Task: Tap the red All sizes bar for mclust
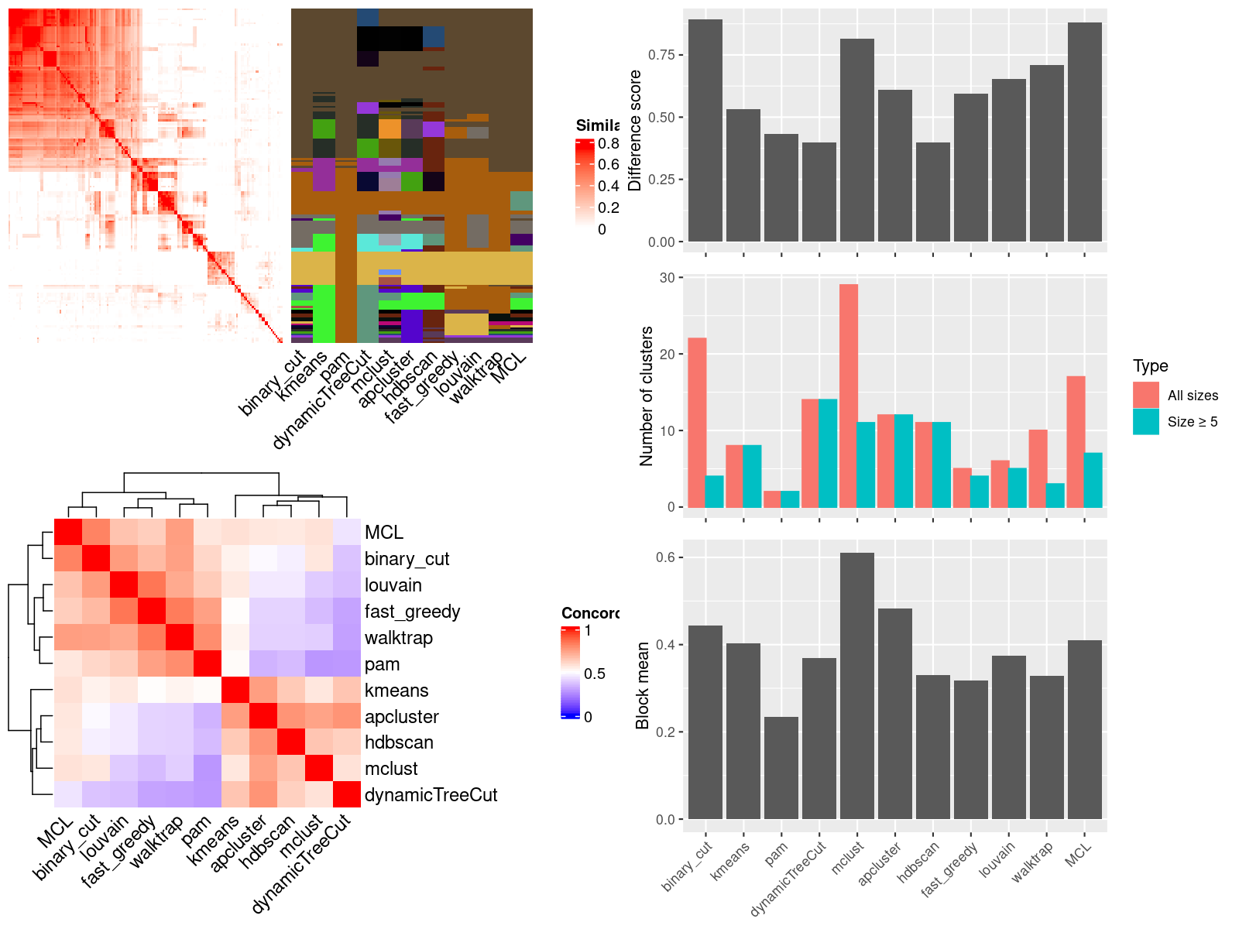pyautogui.click(x=849, y=396)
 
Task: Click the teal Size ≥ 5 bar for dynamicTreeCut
pyautogui.click(x=828, y=453)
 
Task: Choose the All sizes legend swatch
pyautogui.click(x=1146, y=395)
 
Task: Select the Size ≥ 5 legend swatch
pyautogui.click(x=1146, y=421)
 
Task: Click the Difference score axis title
pyautogui.click(x=636, y=130)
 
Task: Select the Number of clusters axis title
pyautogui.click(x=647, y=396)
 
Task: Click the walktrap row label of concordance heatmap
pyautogui.click(x=399, y=638)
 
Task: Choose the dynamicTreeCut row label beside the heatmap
pyautogui.click(x=431, y=795)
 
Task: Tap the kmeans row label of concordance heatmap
pyautogui.click(x=396, y=691)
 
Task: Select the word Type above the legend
pyautogui.click(x=1151, y=366)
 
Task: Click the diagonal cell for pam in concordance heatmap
pyautogui.click(x=208, y=663)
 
